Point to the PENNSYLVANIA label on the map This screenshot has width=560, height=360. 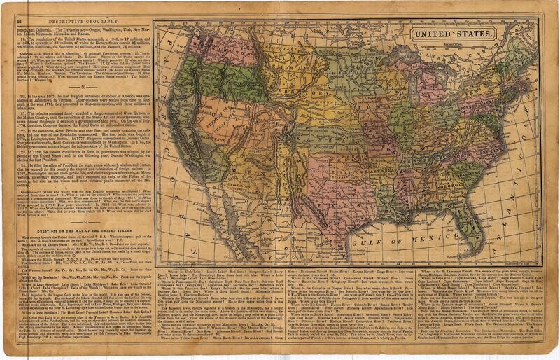click(x=470, y=120)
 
